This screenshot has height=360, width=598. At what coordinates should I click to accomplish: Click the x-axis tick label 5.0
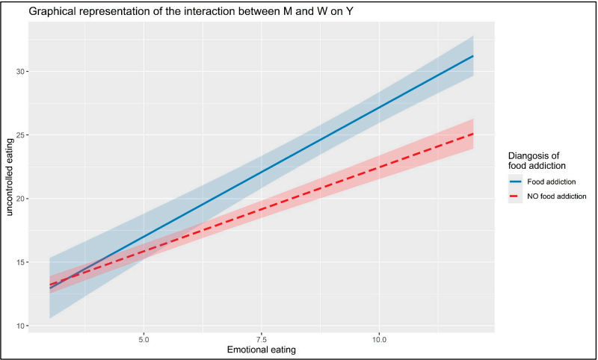144,338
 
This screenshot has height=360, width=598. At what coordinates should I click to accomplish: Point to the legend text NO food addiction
555,196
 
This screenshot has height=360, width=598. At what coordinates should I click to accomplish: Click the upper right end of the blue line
473,56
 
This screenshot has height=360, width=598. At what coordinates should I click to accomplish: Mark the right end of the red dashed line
473,134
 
